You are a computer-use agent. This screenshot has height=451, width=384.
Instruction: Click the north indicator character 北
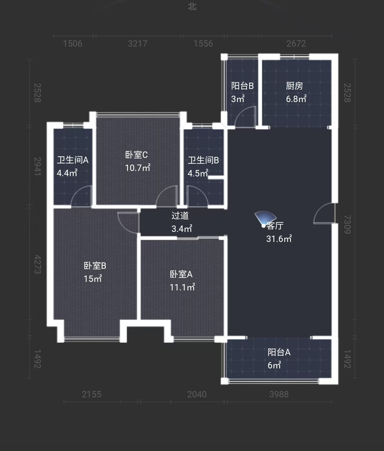192,6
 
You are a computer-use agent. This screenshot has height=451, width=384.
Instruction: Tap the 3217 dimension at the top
137,44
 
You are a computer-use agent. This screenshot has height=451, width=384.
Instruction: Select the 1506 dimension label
73,44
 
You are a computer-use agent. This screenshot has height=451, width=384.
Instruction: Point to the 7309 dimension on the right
347,224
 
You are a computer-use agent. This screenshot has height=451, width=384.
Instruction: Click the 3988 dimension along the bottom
279,394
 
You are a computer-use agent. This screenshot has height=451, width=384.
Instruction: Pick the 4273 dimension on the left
37,264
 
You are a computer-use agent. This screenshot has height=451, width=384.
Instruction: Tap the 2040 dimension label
197,394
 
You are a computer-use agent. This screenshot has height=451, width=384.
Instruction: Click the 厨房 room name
294,86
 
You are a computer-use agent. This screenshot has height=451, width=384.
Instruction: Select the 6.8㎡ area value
296,99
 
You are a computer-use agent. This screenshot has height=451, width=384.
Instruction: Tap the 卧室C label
136,155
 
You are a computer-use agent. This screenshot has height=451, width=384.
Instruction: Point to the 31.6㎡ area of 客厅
279,239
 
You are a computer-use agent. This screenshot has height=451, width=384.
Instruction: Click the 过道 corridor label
180,216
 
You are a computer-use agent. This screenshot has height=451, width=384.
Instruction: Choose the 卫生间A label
73,160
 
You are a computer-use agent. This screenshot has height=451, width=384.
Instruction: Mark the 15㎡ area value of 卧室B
93,279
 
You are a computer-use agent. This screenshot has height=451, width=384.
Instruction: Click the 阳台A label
279,352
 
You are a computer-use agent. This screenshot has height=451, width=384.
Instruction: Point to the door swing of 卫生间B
197,197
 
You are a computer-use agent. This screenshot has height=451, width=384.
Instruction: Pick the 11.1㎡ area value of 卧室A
182,287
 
